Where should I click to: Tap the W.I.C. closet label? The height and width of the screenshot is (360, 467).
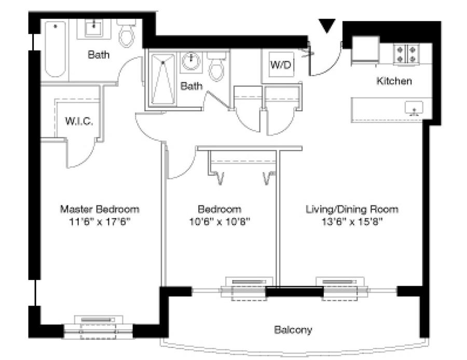click(79, 121)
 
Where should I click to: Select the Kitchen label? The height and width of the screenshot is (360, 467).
click(394, 81)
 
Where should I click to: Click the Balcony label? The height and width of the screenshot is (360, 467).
click(293, 329)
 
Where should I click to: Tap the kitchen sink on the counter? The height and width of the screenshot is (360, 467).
click(414, 108)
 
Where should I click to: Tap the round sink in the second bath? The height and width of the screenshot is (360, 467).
click(190, 63)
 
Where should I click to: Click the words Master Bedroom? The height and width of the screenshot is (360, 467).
click(100, 210)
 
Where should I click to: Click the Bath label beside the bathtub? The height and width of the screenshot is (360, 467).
click(98, 54)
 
